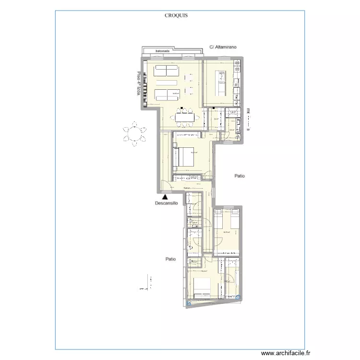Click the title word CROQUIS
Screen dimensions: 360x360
[x=176, y=15]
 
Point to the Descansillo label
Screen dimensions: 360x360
[x=167, y=203]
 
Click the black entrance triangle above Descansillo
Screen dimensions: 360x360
[x=165, y=196]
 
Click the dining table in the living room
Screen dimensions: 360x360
[x=185, y=116]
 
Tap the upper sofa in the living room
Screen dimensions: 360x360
[x=166, y=71]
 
